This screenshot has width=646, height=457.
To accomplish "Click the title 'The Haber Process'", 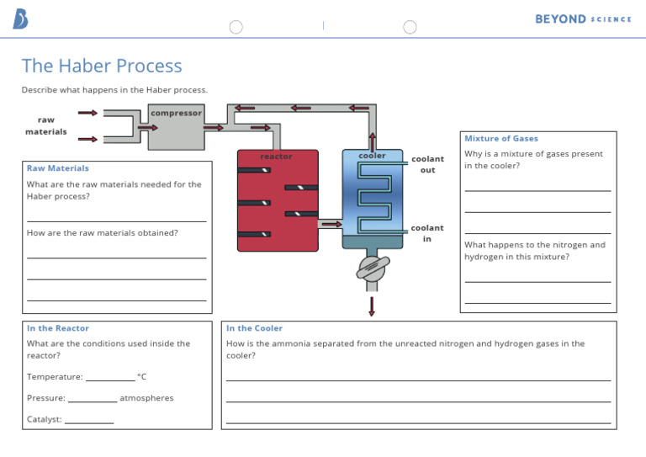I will (x=102, y=66).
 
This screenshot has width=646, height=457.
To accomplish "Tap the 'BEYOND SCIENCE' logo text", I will (x=583, y=19).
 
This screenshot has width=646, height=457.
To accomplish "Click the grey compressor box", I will (x=176, y=131).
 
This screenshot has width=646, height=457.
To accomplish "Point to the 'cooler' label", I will (x=372, y=156).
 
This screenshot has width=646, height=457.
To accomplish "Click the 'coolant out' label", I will (x=427, y=164).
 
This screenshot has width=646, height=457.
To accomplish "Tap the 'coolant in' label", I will (x=426, y=233).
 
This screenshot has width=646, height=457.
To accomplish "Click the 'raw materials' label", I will (x=46, y=125).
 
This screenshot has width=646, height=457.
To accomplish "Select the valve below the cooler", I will (x=372, y=268).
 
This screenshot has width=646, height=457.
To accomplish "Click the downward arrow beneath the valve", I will (x=372, y=306).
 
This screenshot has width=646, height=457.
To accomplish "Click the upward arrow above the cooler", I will (x=372, y=141).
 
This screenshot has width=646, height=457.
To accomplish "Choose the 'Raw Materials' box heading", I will (x=57, y=168).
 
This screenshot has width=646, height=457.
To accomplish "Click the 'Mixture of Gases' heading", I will (x=501, y=138).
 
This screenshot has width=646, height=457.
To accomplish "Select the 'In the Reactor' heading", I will (x=57, y=328).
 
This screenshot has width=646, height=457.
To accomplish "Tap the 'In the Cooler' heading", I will (x=254, y=328).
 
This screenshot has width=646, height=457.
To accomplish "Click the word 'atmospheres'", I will (x=146, y=398).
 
